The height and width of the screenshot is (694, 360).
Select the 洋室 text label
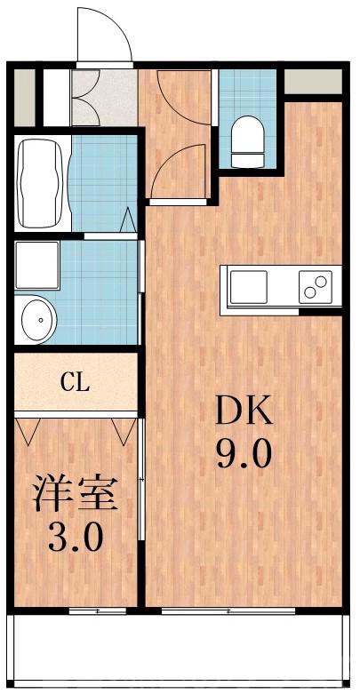tap(76, 493)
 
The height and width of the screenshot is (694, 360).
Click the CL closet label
tap(75, 384)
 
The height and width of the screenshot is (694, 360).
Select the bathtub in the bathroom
tap(39, 182)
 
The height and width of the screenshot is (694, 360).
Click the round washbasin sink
tap(36, 318)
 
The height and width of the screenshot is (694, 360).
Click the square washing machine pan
tap(35, 264)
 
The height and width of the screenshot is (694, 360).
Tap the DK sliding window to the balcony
tap(229, 611)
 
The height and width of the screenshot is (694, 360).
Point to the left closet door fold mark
tap(28, 432)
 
